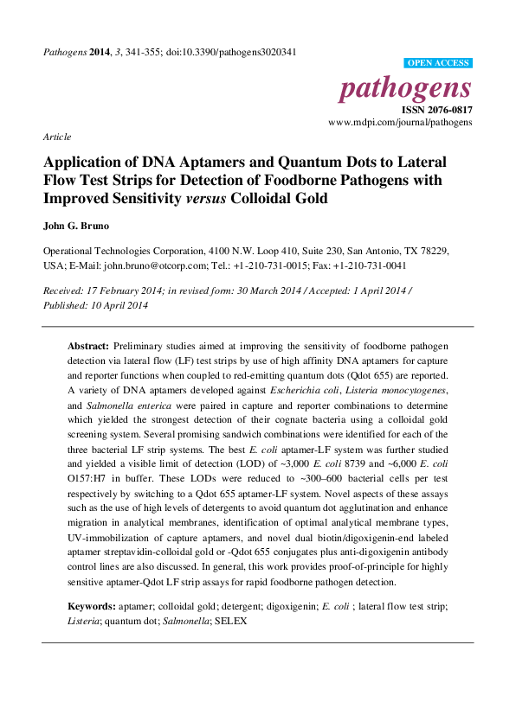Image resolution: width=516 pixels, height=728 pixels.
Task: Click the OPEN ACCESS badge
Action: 438,63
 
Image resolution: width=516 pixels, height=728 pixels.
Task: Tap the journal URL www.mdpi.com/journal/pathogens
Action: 400,123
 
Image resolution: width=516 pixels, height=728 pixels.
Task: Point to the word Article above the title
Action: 57,137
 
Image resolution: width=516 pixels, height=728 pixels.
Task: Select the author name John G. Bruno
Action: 78,227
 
